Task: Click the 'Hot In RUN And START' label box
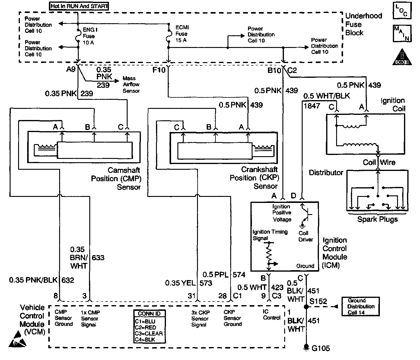tap(79, 6)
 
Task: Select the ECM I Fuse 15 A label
tap(182, 34)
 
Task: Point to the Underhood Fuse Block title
tap(363, 24)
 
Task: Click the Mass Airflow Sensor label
tap(131, 84)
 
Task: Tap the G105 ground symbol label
tap(320, 348)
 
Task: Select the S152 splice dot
tap(306, 307)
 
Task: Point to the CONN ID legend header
tap(149, 314)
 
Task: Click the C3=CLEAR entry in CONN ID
tap(149, 333)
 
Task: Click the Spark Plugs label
tap(377, 219)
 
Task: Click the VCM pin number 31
tap(192, 296)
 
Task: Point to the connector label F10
tap(159, 70)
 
